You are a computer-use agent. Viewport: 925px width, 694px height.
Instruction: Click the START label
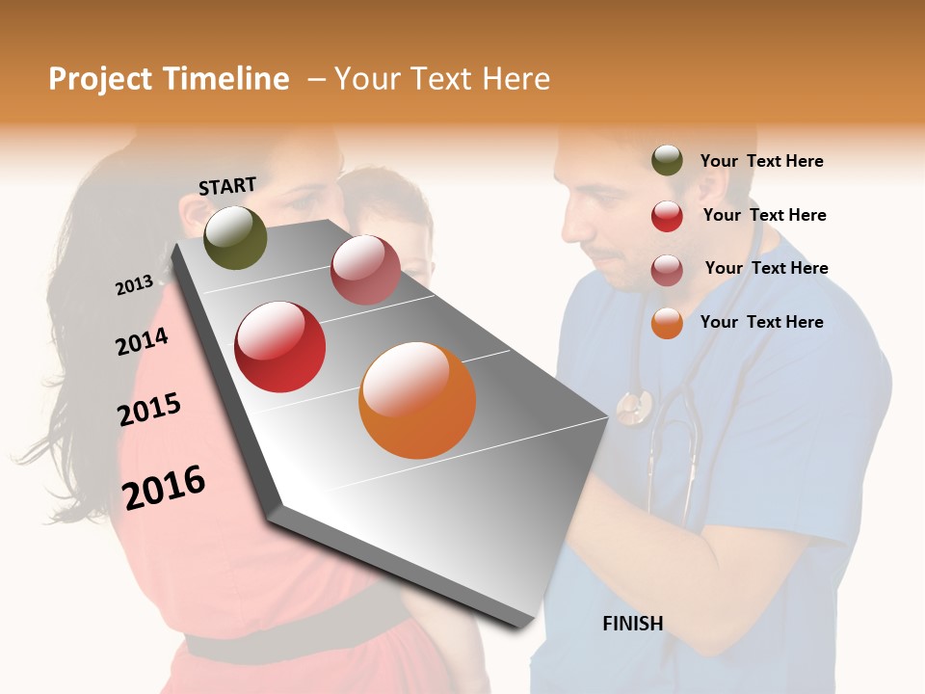tap(227, 186)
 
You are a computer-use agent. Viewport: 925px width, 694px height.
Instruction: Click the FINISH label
tap(632, 624)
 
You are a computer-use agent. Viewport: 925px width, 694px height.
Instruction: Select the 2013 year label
tap(134, 285)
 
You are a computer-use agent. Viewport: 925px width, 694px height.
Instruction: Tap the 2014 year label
tap(142, 342)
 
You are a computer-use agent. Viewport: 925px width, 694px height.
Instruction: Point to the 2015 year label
tap(149, 410)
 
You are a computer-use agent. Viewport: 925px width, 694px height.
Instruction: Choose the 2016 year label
tap(164, 487)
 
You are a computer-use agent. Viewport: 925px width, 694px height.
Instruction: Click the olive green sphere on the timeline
tap(235, 237)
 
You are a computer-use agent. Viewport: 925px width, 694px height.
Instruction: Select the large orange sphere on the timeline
tap(417, 400)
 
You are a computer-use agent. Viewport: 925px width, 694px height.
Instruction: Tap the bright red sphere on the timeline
tap(280, 347)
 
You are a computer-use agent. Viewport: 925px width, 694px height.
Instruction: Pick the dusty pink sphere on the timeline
tap(365, 270)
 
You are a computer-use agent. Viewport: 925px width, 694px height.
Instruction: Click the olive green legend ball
tap(667, 161)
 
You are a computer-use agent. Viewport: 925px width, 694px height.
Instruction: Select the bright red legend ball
tap(667, 216)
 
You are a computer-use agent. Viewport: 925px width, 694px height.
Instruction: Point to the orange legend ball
tap(667, 323)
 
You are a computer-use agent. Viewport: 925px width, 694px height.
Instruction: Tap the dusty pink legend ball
tap(667, 270)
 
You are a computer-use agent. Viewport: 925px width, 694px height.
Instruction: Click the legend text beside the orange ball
tap(761, 322)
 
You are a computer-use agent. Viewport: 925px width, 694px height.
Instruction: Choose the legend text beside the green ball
tap(761, 161)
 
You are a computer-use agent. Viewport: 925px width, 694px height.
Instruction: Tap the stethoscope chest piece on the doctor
tap(633, 407)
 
